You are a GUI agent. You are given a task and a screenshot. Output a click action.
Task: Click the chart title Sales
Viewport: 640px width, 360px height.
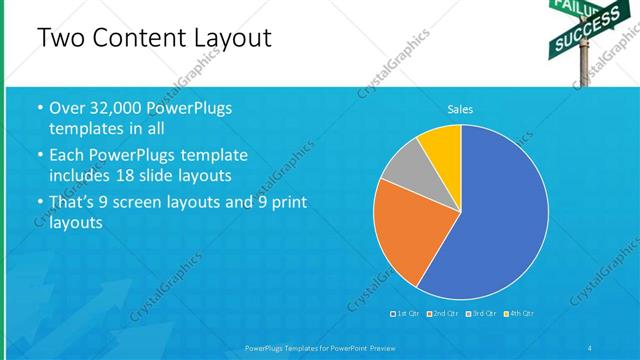[x=460, y=110]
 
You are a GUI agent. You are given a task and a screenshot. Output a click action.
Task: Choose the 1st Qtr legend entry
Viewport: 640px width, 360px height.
[x=405, y=314]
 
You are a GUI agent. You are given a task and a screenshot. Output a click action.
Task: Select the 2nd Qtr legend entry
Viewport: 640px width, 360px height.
[x=442, y=314]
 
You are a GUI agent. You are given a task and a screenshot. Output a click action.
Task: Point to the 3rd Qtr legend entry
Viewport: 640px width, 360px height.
[x=481, y=314]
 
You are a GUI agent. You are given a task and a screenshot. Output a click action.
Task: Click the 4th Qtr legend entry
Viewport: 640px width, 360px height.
[x=519, y=314]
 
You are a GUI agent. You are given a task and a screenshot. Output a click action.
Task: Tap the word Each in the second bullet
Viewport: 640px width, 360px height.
[x=67, y=156]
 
